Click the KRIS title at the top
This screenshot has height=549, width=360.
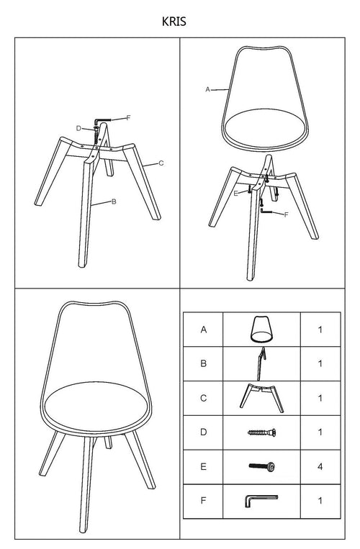pyautogui.click(x=174, y=22)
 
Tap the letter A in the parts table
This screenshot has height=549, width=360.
pyautogui.click(x=204, y=330)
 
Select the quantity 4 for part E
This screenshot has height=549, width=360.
pyautogui.click(x=320, y=467)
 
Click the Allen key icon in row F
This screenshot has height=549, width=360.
pyautogui.click(x=261, y=500)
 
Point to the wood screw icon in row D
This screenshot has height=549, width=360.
pyautogui.click(x=261, y=432)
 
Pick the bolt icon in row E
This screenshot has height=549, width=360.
pyautogui.click(x=262, y=466)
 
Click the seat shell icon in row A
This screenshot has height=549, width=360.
pyautogui.click(x=261, y=329)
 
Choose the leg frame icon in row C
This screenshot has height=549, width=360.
pyautogui.click(x=261, y=398)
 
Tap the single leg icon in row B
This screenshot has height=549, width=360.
pyautogui.click(x=261, y=364)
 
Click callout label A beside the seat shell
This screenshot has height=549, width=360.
pyautogui.click(x=207, y=90)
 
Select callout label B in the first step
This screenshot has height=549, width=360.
pyautogui.click(x=114, y=201)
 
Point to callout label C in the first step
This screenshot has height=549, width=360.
pyautogui.click(x=161, y=163)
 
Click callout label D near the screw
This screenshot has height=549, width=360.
pyautogui.click(x=78, y=129)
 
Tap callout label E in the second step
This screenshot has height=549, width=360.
pyautogui.click(x=235, y=194)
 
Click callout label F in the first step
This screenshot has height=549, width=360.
pyautogui.click(x=128, y=118)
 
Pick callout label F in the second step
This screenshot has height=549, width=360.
pyautogui.click(x=286, y=214)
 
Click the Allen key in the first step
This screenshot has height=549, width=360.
pyautogui.click(x=102, y=121)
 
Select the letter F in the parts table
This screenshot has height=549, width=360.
pyautogui.click(x=204, y=501)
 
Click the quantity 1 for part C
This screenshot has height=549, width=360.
pyautogui.click(x=320, y=398)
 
